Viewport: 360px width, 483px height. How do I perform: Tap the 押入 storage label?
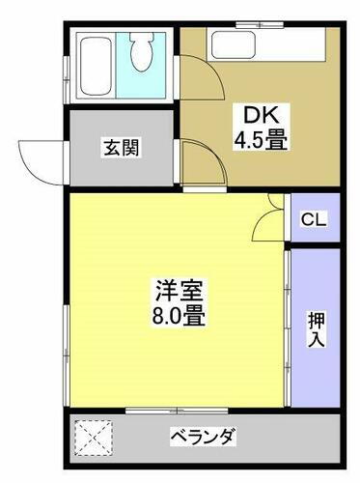pyautogui.click(x=316, y=328)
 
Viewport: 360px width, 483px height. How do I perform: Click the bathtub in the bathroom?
pyautogui.click(x=96, y=64)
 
